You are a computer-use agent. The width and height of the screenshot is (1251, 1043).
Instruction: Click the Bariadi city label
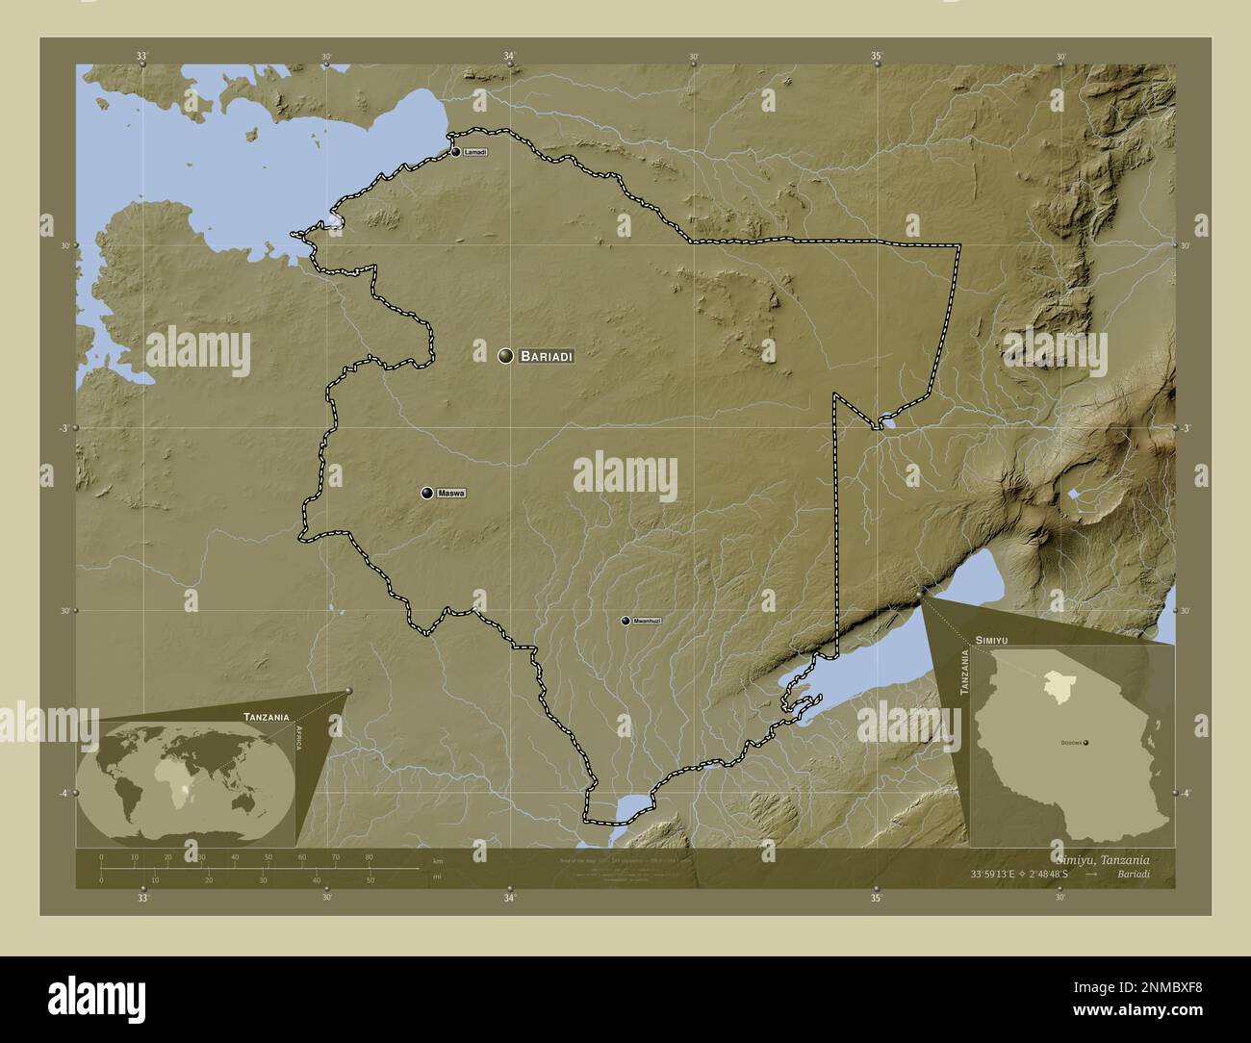coord(547,357)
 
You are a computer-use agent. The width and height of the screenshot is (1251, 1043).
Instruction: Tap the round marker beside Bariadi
coord(505,356)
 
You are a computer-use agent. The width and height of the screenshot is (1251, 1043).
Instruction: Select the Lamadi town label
coord(475,153)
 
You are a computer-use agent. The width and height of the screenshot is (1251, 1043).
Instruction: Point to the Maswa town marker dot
coord(427,494)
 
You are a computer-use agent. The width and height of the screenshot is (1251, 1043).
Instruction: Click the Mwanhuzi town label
coord(648,622)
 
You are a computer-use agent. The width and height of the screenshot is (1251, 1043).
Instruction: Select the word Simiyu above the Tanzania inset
coord(991,639)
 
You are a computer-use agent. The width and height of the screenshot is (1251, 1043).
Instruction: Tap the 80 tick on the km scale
coord(369,856)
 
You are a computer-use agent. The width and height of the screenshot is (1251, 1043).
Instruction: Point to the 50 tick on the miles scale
coord(370,879)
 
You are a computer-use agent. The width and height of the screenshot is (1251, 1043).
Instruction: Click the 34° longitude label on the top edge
coord(509,56)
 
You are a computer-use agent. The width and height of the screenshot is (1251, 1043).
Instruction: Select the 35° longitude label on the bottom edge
coord(876,899)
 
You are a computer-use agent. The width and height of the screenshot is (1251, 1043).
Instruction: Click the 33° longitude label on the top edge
coord(142,56)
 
